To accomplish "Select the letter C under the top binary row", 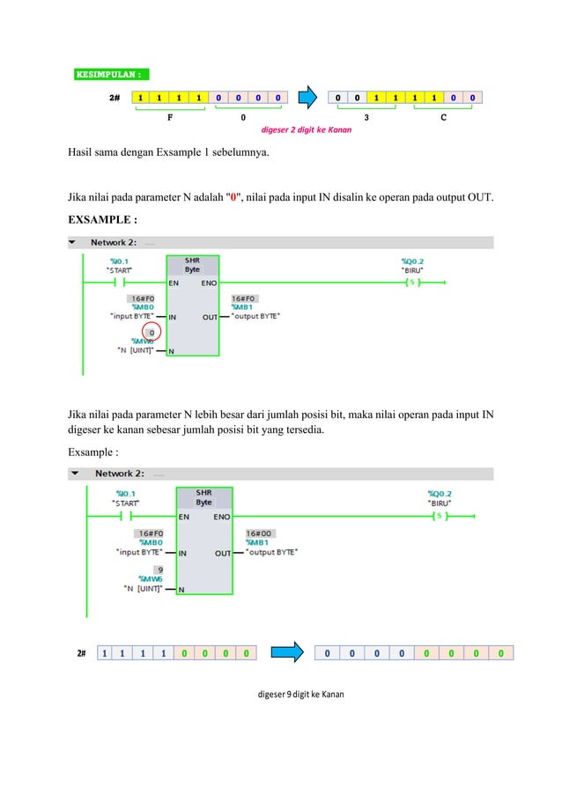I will point(441,116).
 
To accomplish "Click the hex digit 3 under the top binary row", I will point(366,116).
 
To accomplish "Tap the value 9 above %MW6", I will point(159,570).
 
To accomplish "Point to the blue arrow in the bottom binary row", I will point(285,653).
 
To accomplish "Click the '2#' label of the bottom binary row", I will point(81,653).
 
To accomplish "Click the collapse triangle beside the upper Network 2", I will point(72,242).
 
